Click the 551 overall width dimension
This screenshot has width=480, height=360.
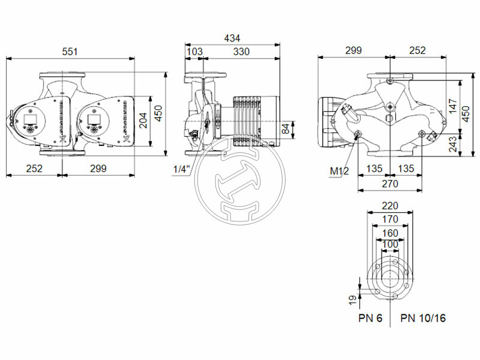click(71, 52)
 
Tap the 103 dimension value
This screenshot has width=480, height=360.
click(194, 52)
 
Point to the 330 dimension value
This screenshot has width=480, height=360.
click(241, 52)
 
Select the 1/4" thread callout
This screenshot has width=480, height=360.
click(181, 170)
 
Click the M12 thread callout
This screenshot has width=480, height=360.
click(339, 172)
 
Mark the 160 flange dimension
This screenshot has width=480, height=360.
click(390, 233)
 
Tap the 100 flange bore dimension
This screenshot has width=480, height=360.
click(390, 245)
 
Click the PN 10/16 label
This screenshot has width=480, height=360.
click(423, 317)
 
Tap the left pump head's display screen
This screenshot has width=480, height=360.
click(31, 116)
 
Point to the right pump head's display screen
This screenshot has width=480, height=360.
click(94, 116)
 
